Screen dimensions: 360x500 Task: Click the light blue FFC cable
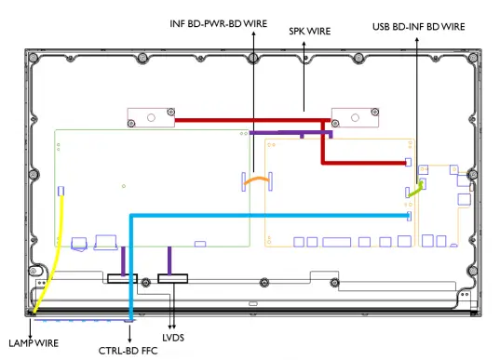270,216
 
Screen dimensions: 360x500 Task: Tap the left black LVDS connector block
123,279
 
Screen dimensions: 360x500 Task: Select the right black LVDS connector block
172,279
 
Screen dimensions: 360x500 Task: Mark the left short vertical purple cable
124,260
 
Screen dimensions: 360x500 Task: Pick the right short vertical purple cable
169,260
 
